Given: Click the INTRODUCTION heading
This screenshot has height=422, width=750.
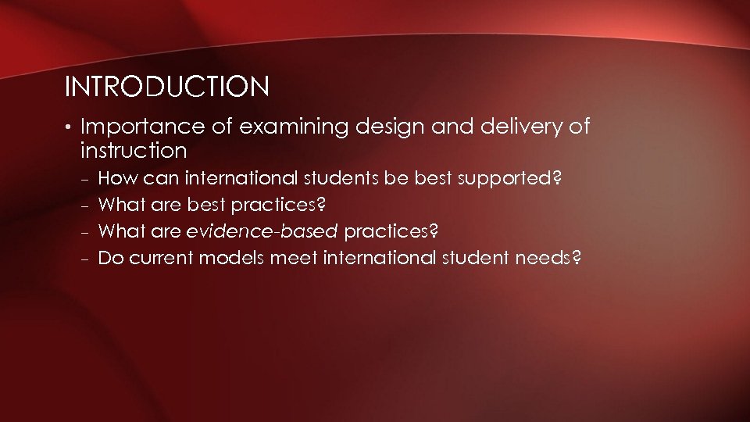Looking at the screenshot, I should click(x=167, y=87).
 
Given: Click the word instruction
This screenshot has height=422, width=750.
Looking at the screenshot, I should click(x=133, y=150).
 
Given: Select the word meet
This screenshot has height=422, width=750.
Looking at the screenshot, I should click(x=293, y=258).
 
